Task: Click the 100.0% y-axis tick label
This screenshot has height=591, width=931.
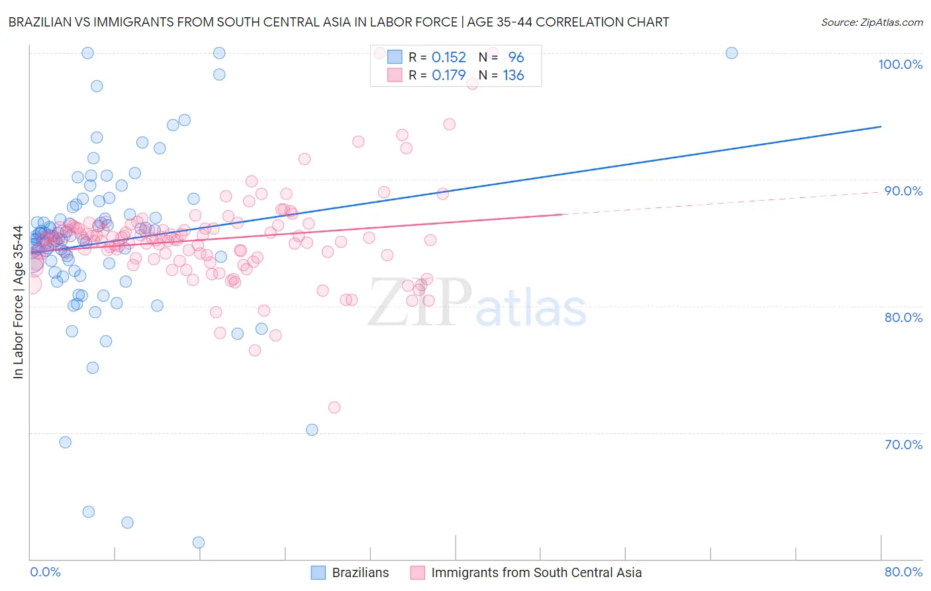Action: point(900,64)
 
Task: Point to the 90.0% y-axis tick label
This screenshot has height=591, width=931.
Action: point(903,191)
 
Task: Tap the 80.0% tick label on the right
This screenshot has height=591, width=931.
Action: point(903,317)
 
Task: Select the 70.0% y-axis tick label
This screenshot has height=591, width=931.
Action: point(903,445)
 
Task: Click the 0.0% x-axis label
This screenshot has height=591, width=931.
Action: point(45,572)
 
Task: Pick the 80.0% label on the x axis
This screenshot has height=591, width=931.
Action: point(903,572)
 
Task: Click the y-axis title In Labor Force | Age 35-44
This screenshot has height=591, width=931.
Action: point(18,302)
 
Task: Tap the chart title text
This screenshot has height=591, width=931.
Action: point(338,22)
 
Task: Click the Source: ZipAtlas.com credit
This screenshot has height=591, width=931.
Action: point(871,22)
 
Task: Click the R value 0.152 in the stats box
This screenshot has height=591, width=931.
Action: point(448,57)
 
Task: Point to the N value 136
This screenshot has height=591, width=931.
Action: point(513,76)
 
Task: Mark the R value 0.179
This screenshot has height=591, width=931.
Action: point(448,76)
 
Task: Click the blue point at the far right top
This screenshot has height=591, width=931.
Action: point(732,53)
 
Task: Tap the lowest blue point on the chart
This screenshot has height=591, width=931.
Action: point(199,543)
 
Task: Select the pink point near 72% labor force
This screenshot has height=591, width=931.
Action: point(334,407)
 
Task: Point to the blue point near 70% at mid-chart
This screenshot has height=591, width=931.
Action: point(312,430)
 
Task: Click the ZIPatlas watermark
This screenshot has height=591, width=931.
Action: point(477,303)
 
